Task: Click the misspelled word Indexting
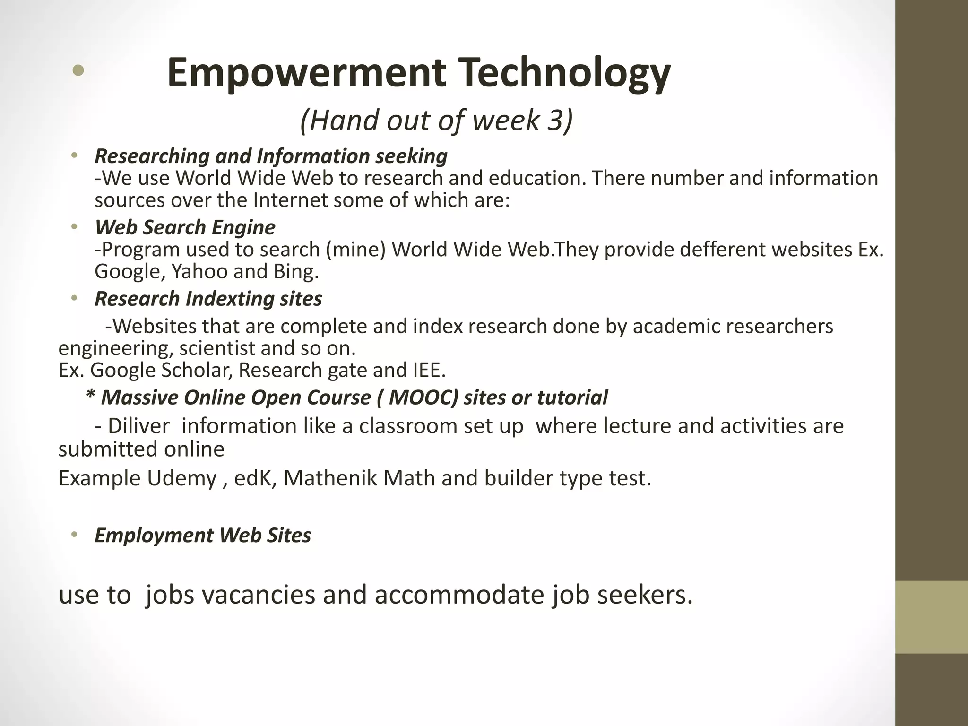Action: (230, 299)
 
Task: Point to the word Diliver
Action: (138, 426)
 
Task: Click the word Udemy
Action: (181, 478)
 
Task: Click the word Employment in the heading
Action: (154, 535)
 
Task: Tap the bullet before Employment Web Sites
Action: (74, 535)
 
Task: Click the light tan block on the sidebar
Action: (931, 617)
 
